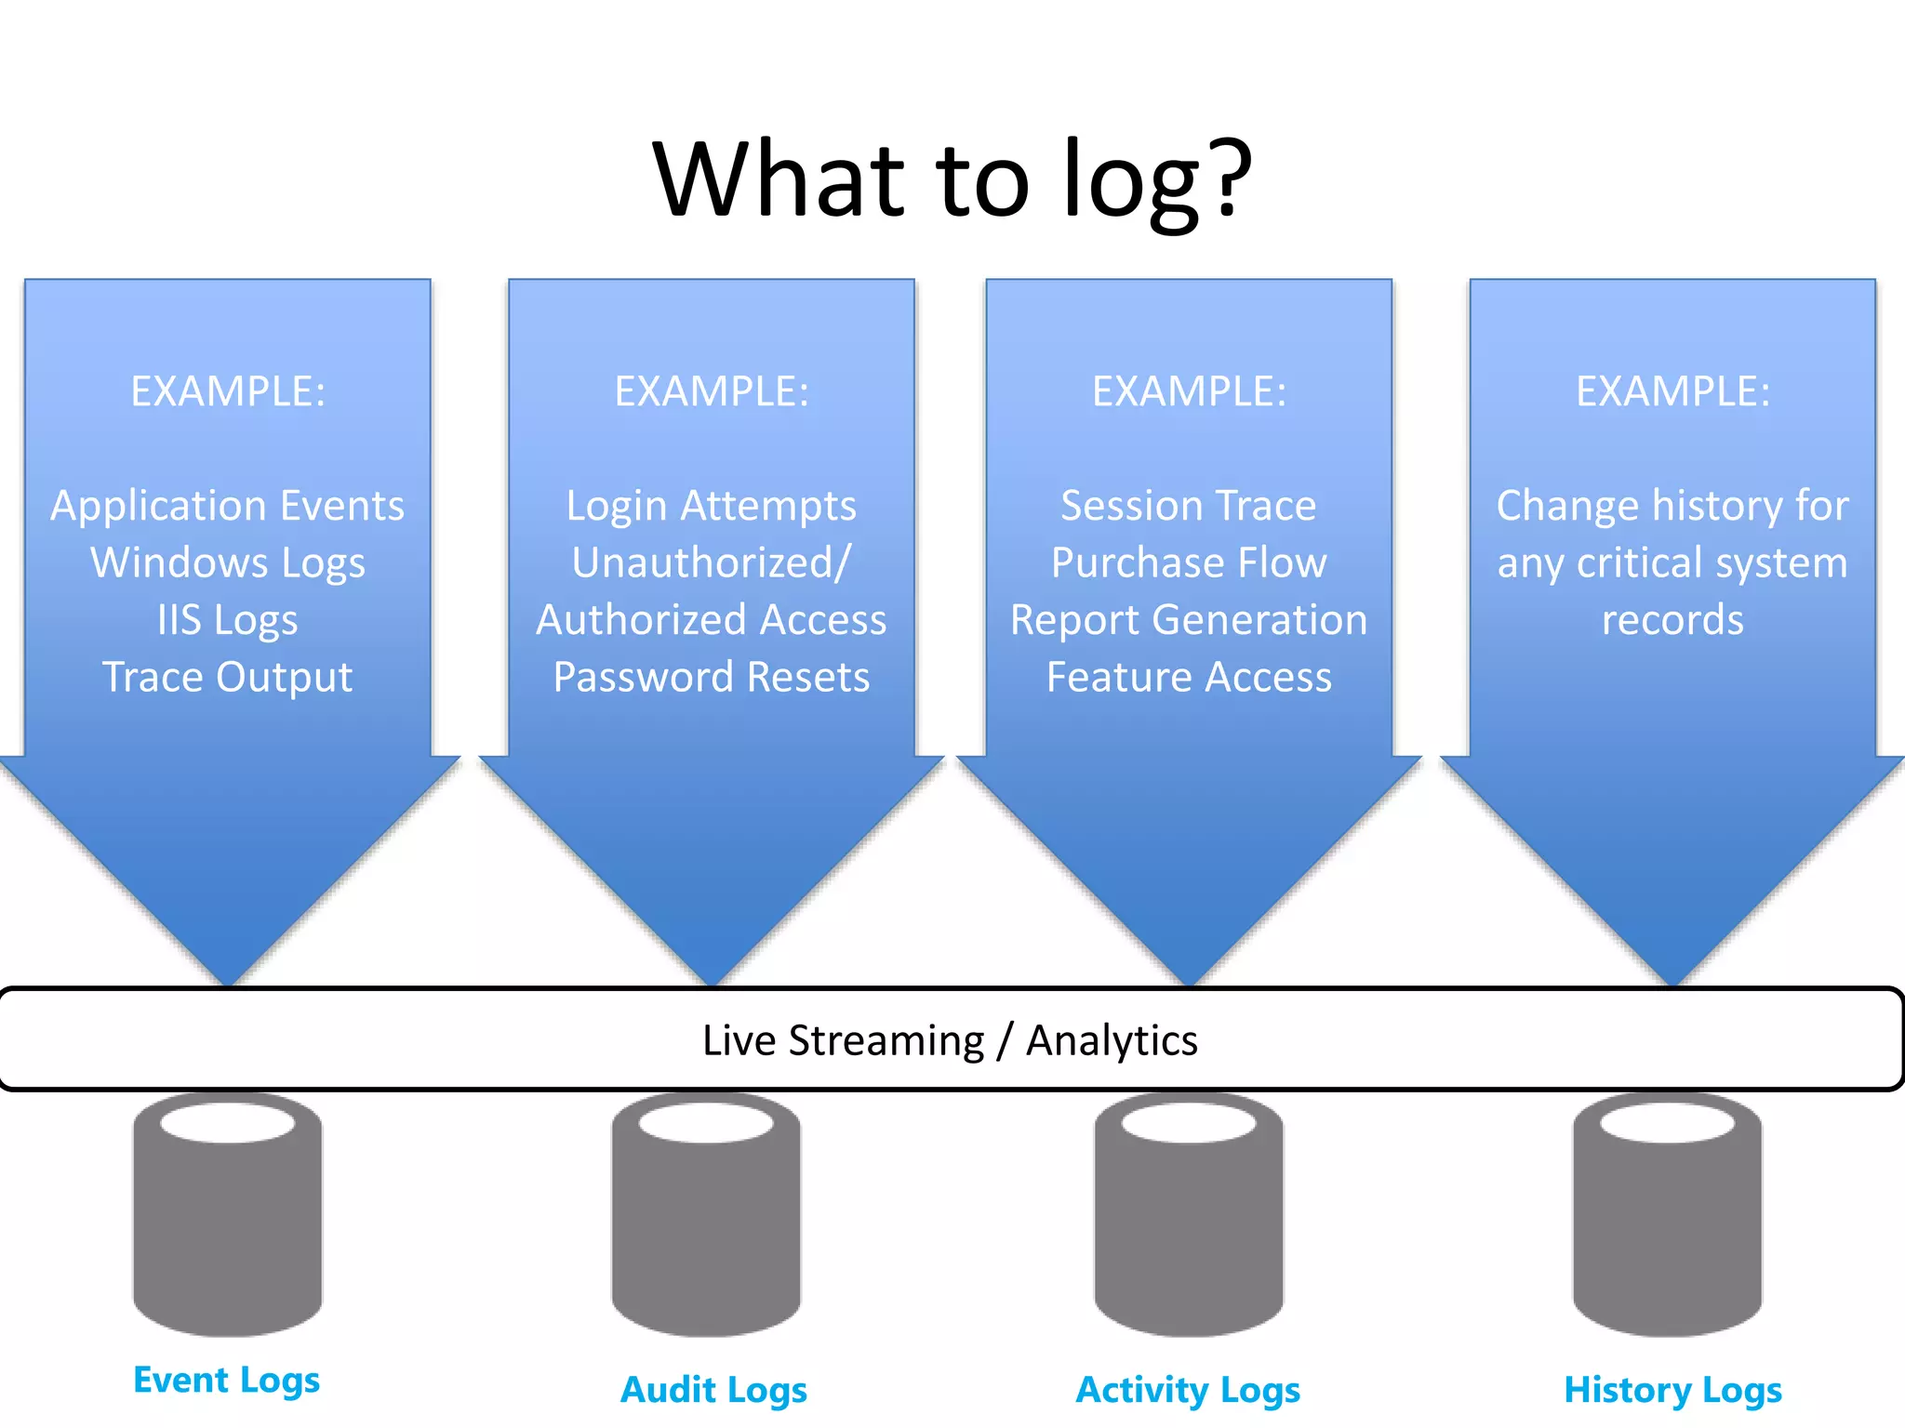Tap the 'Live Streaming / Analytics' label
tap(950, 1040)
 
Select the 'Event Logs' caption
tap(227, 1380)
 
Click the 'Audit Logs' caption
tap(713, 1390)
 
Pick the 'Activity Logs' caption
tap(1188, 1390)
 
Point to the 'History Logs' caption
tap(1672, 1390)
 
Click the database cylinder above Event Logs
tap(228, 1218)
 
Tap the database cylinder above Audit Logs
tap(706, 1218)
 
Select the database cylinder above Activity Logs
tap(1189, 1218)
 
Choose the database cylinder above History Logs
tap(1667, 1218)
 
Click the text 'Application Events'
tap(228, 506)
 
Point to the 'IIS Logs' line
tap(228, 620)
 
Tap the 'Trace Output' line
tap(228, 677)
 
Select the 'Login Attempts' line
tap(712, 506)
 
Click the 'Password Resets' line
tap(712, 677)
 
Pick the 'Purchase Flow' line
tap(1189, 562)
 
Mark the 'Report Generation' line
tap(1189, 620)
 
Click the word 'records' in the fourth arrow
tap(1672, 620)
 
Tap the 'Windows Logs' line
tap(228, 562)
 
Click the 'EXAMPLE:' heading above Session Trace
tap(1189, 391)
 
